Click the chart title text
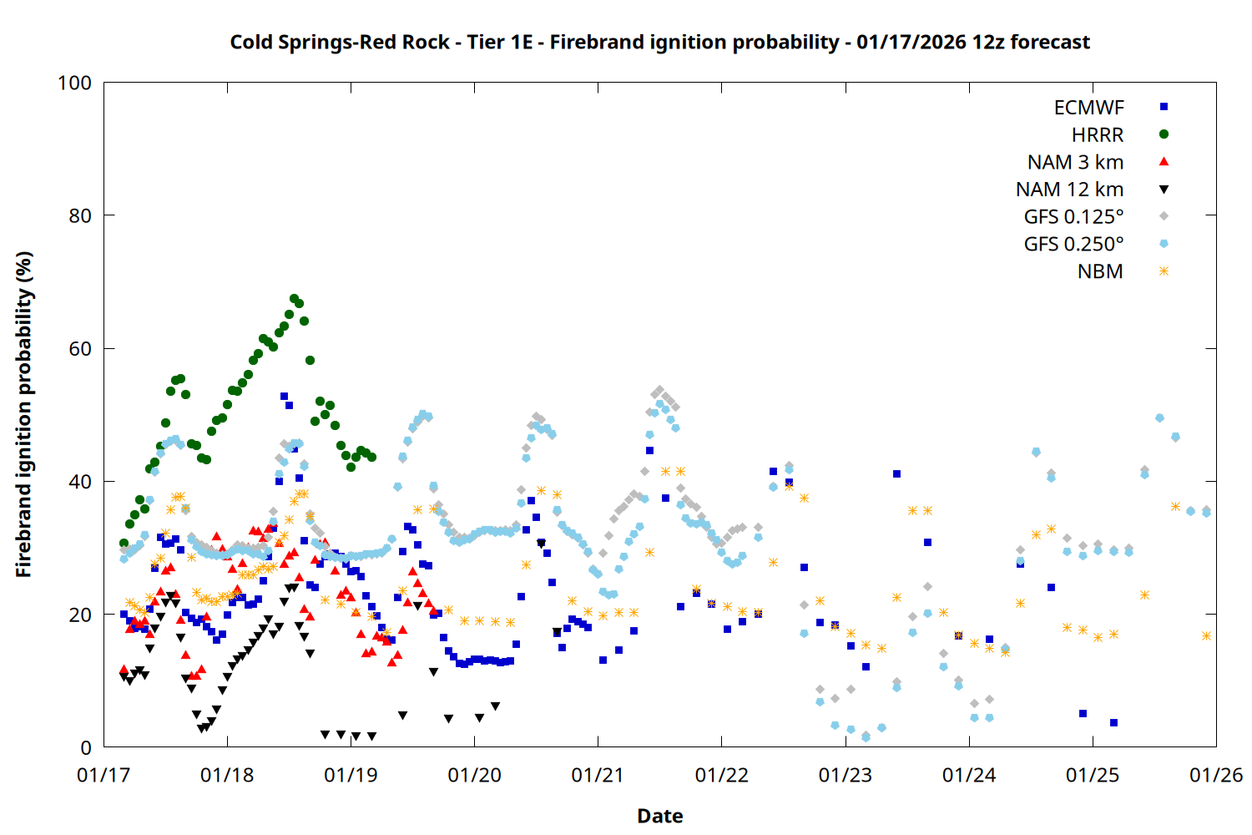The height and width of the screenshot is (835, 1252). point(659,42)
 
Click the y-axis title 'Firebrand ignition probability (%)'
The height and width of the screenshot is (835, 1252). point(24,414)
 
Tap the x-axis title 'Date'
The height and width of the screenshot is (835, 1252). point(659,816)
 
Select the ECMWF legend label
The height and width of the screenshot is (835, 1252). point(1088,108)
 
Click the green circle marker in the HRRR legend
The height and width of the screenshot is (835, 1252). point(1164,134)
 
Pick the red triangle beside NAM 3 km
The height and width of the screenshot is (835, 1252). point(1164,162)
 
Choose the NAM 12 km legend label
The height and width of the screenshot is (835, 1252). point(1069,190)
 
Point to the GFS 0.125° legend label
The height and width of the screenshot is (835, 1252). point(1073,217)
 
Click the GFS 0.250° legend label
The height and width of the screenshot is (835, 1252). point(1073,245)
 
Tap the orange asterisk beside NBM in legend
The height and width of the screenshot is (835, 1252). point(1164,271)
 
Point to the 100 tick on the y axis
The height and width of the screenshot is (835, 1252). point(74,83)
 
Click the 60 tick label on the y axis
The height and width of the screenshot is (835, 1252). point(80,349)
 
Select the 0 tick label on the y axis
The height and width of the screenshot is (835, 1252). point(86,748)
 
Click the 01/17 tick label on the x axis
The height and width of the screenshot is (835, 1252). point(103,776)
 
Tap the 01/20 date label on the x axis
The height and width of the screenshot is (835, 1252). point(474,776)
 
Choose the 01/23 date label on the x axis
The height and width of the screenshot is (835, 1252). point(845,776)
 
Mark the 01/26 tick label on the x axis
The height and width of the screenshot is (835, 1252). point(1215,776)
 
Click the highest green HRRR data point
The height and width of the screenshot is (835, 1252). point(294,298)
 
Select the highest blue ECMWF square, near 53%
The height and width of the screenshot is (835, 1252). point(284,397)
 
